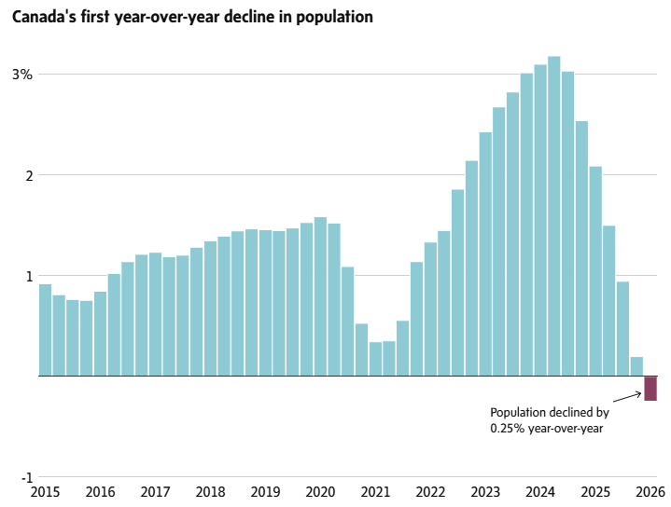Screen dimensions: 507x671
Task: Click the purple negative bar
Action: tap(650, 388)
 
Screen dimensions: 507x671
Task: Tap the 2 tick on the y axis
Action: tap(29, 175)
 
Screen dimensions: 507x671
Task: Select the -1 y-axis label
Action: tap(26, 477)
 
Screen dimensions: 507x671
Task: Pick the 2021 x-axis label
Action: tap(375, 492)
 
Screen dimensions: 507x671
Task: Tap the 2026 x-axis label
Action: tap(650, 492)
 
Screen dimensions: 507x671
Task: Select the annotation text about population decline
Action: tap(549, 419)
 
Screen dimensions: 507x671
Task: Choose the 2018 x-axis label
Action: tap(211, 492)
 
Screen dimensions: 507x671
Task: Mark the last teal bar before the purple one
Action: tap(636, 366)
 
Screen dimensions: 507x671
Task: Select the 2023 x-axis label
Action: tap(485, 492)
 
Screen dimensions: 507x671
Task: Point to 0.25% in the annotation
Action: tap(508, 428)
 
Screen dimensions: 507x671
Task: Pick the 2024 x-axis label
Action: tap(540, 492)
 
